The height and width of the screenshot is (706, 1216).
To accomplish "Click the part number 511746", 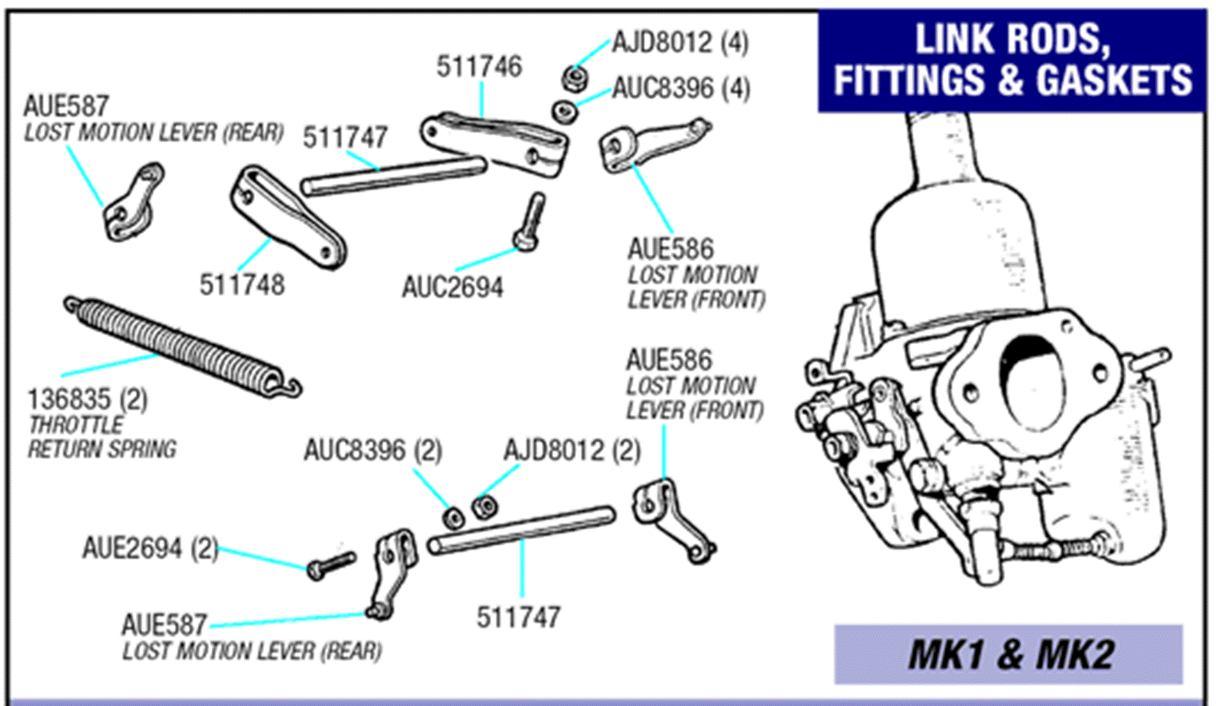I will (478, 67).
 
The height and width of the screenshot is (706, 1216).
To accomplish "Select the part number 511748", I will (242, 285).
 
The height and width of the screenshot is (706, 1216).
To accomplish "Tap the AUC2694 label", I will (453, 287).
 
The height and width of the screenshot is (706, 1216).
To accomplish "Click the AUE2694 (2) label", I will (150, 549).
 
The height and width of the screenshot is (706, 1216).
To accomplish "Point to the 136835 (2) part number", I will (88, 400).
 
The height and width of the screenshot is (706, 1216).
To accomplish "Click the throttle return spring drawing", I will (182, 346).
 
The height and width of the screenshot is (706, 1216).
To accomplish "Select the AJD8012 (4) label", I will (680, 43).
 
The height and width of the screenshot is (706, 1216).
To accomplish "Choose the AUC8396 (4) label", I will (681, 89).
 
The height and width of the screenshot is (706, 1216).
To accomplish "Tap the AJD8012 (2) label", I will (572, 451).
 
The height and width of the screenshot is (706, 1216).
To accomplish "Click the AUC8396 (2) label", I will (373, 451).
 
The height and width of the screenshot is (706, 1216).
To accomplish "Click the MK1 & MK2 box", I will (1008, 655).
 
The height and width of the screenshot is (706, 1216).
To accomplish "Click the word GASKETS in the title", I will (1114, 80).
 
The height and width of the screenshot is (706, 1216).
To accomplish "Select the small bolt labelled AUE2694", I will (330, 565).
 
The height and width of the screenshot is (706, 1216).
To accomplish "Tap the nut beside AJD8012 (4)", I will (573, 78).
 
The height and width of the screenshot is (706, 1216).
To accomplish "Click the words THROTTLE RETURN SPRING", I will (102, 437).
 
